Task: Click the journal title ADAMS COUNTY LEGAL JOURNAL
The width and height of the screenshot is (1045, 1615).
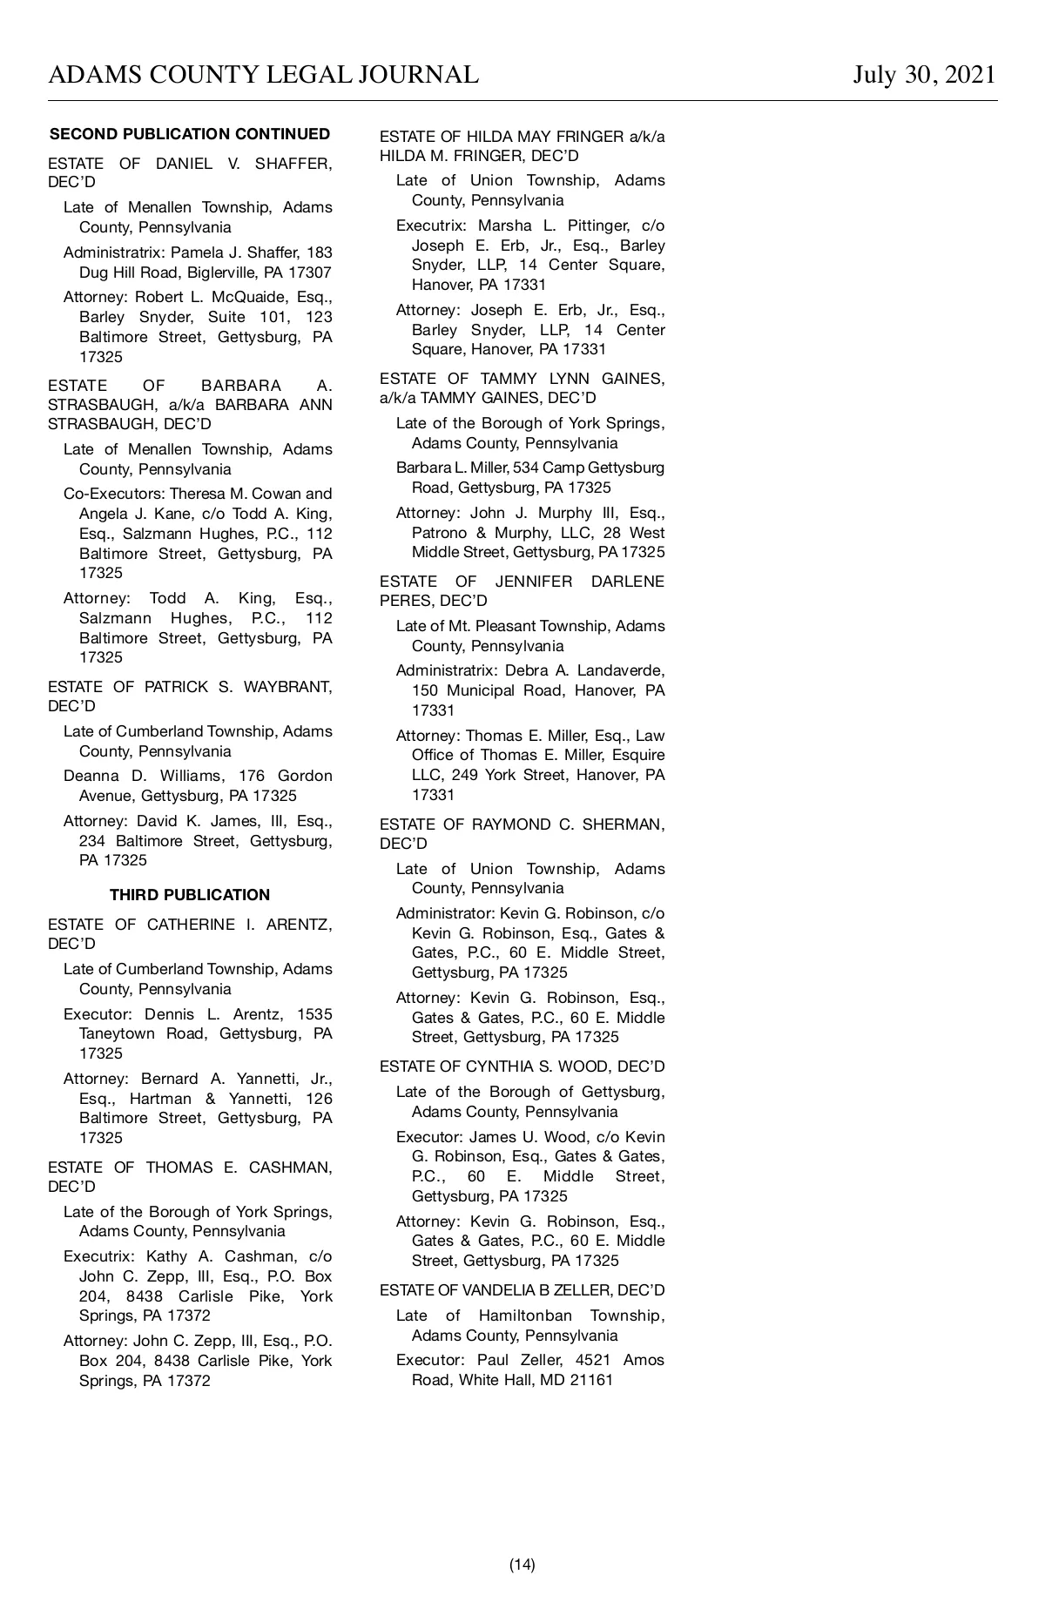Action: (x=263, y=75)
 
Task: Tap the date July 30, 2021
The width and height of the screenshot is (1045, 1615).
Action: (x=924, y=75)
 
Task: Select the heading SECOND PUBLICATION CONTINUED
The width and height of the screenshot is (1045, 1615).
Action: (x=190, y=134)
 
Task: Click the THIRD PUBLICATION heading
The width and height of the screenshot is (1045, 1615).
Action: (x=190, y=895)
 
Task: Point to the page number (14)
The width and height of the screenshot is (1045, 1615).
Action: (x=522, y=1565)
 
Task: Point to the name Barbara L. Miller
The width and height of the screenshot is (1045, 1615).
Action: (x=443, y=468)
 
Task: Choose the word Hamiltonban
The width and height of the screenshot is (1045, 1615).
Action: (x=525, y=1316)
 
